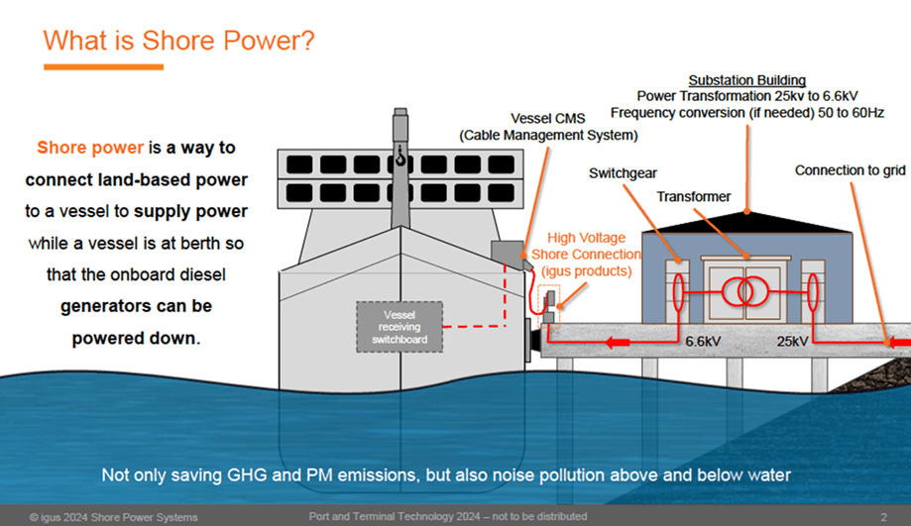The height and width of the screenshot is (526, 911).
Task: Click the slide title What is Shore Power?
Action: point(179,41)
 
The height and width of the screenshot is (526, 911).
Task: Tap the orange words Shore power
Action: point(90,148)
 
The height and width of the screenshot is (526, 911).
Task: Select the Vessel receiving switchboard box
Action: point(399,327)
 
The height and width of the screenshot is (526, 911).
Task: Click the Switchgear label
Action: point(623,173)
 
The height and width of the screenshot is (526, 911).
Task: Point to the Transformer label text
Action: point(694,197)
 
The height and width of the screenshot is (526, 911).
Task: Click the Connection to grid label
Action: point(850,170)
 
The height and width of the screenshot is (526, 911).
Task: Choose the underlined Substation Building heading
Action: point(747,80)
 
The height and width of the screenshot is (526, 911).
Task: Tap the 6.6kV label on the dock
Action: point(703,342)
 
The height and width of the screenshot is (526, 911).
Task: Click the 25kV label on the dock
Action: point(792,342)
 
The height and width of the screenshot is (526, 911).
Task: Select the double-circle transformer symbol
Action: point(745,291)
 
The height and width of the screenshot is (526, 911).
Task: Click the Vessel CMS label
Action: point(548,119)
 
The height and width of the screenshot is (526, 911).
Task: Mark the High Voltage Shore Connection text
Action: point(586,255)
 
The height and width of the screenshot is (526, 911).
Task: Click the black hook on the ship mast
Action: point(400,157)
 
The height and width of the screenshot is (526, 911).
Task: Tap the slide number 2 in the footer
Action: point(883,517)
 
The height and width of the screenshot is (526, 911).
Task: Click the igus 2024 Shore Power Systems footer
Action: point(114,517)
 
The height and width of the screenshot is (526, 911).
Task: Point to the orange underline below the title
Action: point(103,67)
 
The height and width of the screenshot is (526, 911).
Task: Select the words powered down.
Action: point(136,338)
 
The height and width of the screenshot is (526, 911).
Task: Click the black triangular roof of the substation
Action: point(747,222)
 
